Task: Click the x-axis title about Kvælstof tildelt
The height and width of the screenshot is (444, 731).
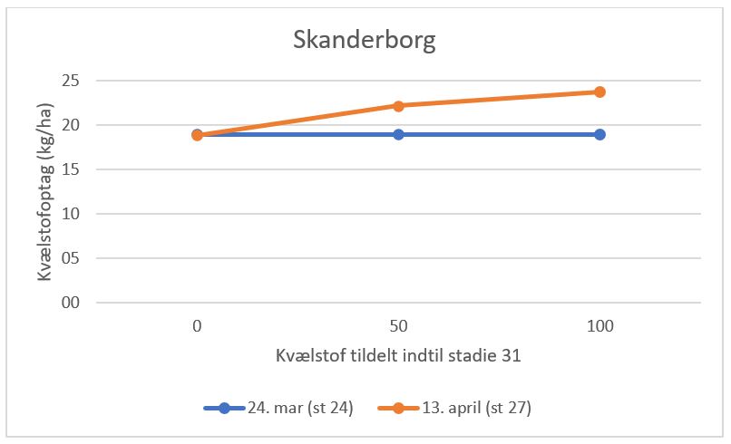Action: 398,356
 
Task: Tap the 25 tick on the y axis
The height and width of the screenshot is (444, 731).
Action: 70,81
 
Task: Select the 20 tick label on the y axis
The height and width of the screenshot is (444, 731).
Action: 70,125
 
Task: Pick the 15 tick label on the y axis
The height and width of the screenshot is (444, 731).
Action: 70,169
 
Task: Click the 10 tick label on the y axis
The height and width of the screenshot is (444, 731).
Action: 70,214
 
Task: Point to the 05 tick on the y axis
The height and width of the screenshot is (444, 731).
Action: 70,258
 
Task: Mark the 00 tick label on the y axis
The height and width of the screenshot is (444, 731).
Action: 70,303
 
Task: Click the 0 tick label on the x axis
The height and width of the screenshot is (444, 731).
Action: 197,324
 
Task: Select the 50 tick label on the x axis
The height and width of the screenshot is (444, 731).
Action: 398,324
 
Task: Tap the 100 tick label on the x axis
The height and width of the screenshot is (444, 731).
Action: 599,324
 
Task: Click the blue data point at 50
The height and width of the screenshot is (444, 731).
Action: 398,134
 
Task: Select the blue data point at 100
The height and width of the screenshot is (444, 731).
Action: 599,134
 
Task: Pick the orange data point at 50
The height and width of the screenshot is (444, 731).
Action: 398,106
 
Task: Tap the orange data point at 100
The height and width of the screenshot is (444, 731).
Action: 599,92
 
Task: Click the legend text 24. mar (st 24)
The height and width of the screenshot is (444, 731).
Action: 299,408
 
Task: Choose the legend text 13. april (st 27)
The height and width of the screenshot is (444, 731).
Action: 476,408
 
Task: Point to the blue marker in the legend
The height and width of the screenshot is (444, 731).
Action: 225,408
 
